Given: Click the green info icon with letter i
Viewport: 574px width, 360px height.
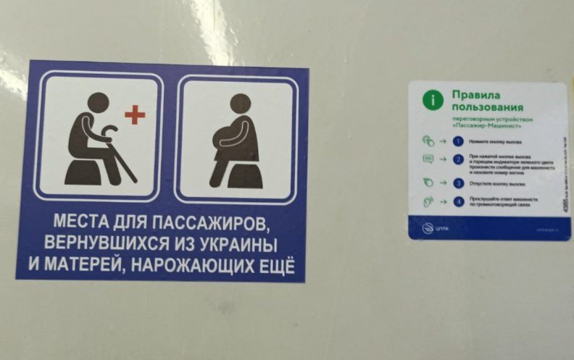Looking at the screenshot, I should (x=433, y=100).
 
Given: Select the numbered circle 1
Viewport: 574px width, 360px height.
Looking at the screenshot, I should (x=458, y=141).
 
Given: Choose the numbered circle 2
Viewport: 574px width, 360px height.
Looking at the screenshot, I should (x=458, y=159).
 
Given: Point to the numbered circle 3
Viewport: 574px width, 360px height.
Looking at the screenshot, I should (x=458, y=183).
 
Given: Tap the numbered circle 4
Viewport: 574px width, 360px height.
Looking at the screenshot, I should (x=458, y=201).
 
